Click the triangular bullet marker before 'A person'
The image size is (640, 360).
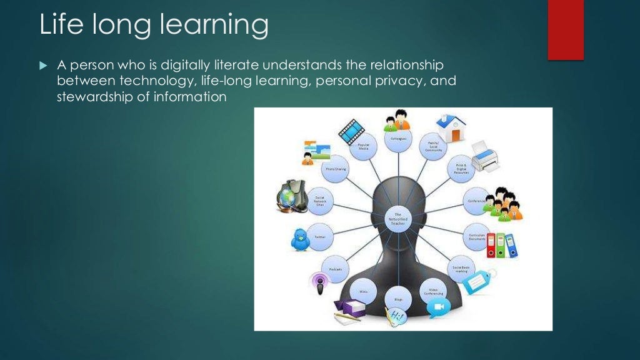(x=43, y=65)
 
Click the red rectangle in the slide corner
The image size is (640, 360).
(x=565, y=29)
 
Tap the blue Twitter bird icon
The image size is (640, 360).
(x=301, y=239)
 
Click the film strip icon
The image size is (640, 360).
(x=351, y=129)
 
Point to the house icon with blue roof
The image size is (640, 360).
(x=451, y=128)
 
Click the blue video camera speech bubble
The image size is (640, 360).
(x=438, y=307)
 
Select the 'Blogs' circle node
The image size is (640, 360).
(x=398, y=299)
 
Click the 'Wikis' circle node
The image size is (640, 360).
(x=362, y=291)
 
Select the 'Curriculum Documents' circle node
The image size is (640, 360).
(x=477, y=237)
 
